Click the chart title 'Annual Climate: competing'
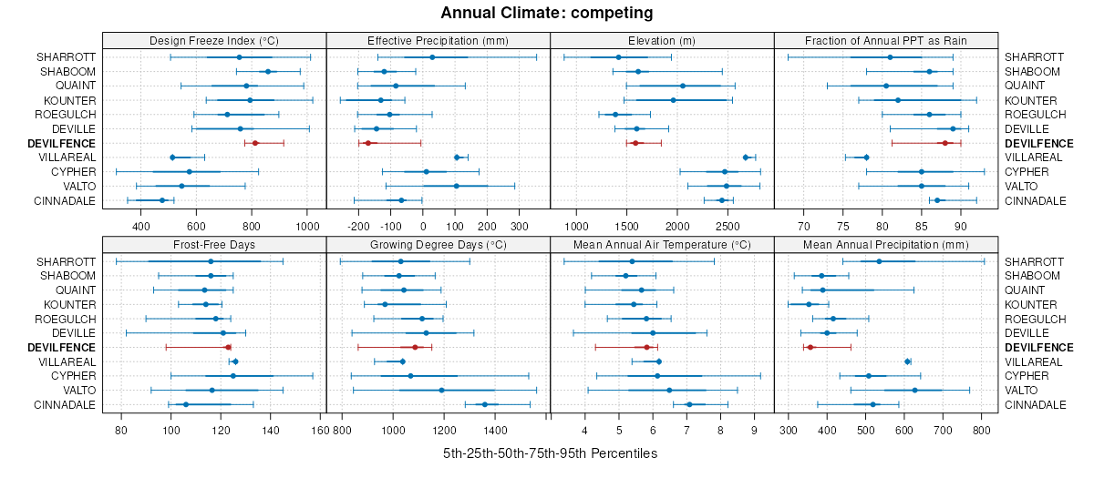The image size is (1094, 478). point(547,13)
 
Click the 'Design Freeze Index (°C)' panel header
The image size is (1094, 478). point(214,40)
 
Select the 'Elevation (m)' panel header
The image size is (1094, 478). point(662,40)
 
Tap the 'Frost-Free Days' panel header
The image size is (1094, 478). point(214,244)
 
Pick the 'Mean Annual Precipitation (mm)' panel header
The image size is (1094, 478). point(885,244)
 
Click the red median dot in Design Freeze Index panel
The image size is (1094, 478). point(255,143)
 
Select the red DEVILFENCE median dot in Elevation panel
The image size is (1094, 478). point(635,143)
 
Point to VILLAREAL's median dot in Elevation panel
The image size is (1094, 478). point(746,158)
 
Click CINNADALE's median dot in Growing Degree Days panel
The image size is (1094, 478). point(484,404)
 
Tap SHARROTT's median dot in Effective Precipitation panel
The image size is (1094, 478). point(432,57)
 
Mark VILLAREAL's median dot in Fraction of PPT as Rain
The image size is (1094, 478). point(866,158)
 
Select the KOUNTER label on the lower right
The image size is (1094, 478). point(1027,304)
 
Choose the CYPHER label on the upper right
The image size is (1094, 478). point(1024,172)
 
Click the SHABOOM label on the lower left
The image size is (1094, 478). point(67,275)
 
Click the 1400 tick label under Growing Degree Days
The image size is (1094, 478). point(495,428)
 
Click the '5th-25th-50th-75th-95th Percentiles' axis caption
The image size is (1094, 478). point(550,453)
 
